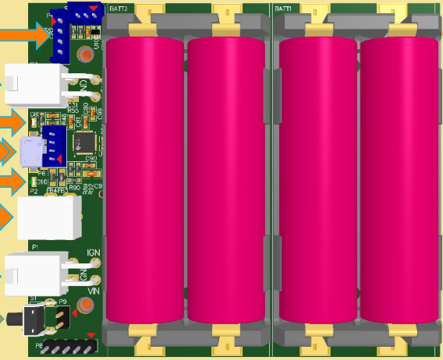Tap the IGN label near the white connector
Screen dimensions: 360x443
pos(94,252)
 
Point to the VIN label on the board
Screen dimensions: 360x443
pos(94,290)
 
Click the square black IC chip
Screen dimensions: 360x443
pos(84,142)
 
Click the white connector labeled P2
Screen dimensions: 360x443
pos(48,217)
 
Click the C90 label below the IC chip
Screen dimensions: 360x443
pos(90,158)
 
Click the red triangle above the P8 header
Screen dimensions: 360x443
pos(92,336)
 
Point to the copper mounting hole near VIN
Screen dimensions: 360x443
pos(96,280)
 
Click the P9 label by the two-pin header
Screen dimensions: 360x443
pos(64,300)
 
